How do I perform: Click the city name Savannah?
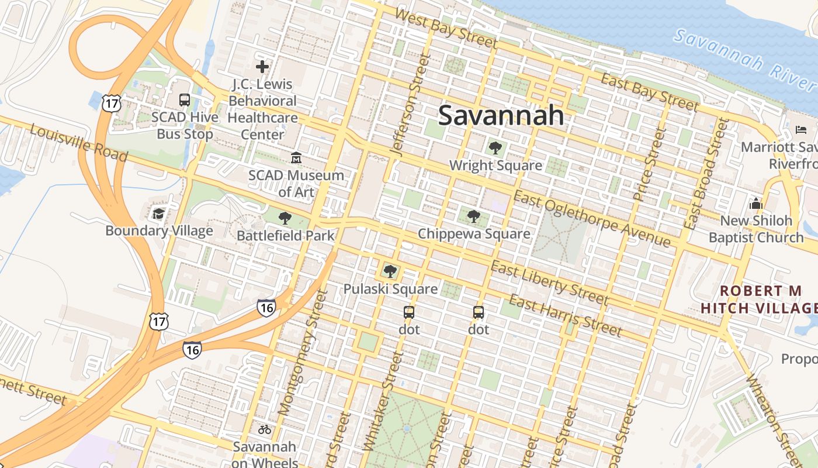click(501, 115)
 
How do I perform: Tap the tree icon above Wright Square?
click(495, 148)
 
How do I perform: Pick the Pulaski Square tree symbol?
click(390, 271)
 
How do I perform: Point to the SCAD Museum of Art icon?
click(296, 158)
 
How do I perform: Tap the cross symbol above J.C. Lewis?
click(262, 67)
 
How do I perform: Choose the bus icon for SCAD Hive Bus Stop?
click(185, 100)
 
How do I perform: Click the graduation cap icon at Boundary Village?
click(158, 214)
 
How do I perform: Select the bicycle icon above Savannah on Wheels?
click(265, 429)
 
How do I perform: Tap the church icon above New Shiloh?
click(756, 204)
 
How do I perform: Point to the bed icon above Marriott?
click(801, 129)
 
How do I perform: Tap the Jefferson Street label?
click(407, 105)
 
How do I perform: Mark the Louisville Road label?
click(78, 143)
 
